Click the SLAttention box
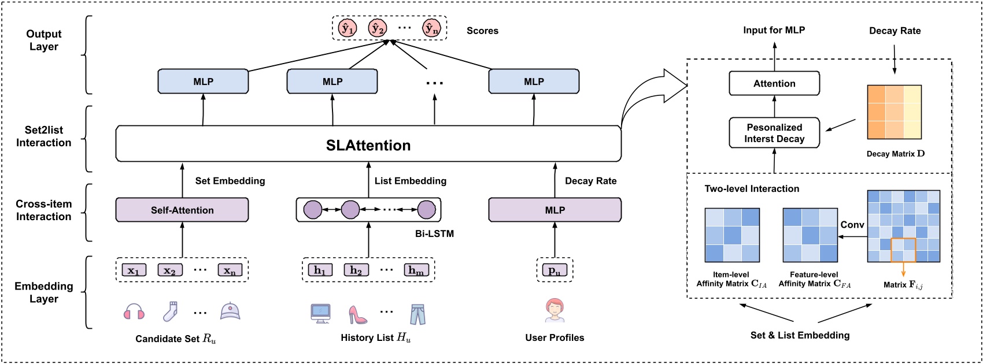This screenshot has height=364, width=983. click(x=368, y=144)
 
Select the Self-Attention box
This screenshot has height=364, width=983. click(x=182, y=210)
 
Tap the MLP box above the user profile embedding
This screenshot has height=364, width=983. click(x=555, y=210)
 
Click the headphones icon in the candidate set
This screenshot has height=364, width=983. click(x=134, y=312)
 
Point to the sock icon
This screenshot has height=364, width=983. click(x=169, y=312)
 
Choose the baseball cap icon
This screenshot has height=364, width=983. click(x=230, y=311)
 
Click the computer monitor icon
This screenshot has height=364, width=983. click(x=320, y=313)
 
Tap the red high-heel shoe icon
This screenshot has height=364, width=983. click(x=357, y=314)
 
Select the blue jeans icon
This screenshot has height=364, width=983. click(x=417, y=314)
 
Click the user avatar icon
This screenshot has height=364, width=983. click(x=555, y=310)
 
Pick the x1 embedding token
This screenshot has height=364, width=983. click(x=134, y=270)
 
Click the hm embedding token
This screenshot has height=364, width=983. click(x=416, y=270)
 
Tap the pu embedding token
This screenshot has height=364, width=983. click(x=555, y=270)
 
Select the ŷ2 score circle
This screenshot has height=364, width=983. click(x=378, y=28)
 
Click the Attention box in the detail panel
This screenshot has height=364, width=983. click(x=774, y=84)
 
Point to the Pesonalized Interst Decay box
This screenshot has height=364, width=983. click(x=774, y=133)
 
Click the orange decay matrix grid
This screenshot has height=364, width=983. click(x=894, y=112)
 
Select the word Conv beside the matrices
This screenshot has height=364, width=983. click(x=852, y=225)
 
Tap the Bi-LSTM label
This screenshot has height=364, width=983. click(x=434, y=234)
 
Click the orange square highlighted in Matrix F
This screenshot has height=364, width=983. click(x=903, y=250)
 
